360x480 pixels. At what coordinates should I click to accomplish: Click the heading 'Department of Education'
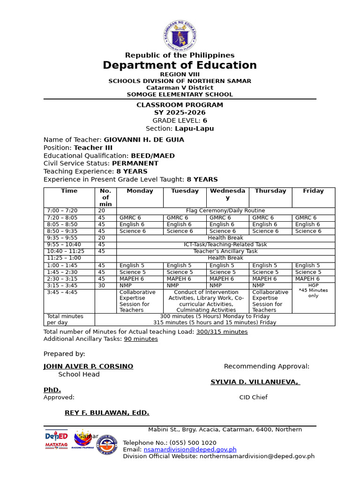[180, 65]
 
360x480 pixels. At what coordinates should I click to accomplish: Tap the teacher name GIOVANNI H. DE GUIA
[144, 140]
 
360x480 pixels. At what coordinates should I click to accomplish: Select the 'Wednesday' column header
[227, 194]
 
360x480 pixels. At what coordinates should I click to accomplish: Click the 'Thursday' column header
[270, 191]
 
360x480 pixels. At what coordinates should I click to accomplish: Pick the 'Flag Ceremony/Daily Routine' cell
[225, 211]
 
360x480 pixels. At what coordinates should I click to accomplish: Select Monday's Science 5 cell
[133, 272]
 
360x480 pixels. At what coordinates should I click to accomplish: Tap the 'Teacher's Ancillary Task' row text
[225, 251]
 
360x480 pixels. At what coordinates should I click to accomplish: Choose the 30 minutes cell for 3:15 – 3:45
[102, 285]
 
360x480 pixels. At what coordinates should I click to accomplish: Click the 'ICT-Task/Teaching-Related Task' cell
[225, 245]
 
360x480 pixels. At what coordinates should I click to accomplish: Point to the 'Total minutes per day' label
[65, 319]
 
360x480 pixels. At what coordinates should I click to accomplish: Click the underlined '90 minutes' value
[141, 339]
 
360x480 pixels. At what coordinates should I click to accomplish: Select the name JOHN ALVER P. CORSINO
[88, 366]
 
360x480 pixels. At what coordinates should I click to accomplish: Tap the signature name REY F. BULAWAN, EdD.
[107, 412]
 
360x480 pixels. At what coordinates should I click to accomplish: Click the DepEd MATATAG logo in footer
[56, 440]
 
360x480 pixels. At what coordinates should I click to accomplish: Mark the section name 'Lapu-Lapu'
[194, 129]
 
